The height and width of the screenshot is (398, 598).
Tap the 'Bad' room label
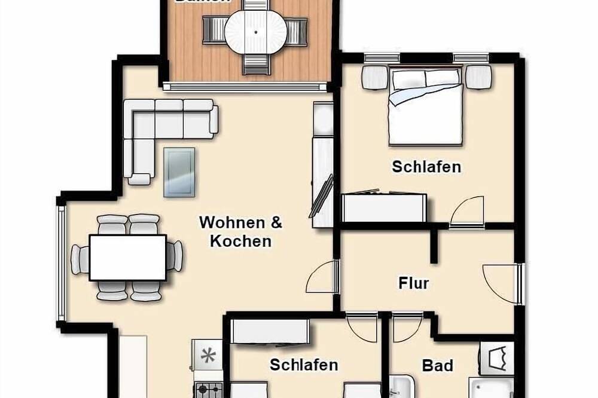[437, 365]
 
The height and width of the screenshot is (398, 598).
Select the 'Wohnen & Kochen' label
[240, 231]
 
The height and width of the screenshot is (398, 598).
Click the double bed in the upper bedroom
[426, 108]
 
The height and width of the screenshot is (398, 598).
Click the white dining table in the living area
[127, 258]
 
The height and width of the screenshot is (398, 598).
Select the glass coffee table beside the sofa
[179, 172]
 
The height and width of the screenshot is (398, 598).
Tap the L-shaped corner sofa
[155, 128]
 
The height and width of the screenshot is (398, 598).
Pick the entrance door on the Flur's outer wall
[501, 283]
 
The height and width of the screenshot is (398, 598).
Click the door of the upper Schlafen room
[466, 212]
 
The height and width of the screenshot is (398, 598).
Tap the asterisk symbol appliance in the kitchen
[208, 357]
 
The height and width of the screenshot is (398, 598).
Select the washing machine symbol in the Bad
[496, 359]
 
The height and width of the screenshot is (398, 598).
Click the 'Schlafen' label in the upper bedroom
[426, 167]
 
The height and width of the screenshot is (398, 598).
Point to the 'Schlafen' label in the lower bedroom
[304, 365]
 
